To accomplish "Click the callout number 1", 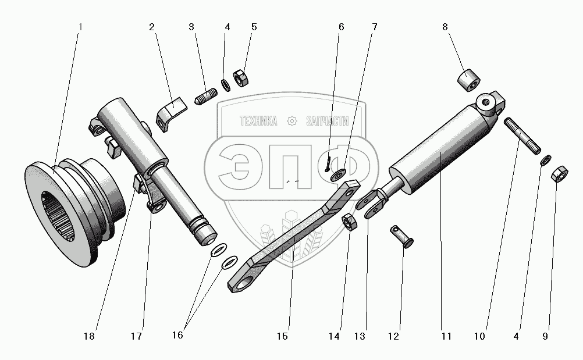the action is click(80, 27).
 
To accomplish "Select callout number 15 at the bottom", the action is click(283, 336).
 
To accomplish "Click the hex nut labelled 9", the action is click(558, 173).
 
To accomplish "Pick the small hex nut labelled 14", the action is click(350, 222).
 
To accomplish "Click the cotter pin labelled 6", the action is click(328, 161).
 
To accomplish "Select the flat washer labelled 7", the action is click(337, 174).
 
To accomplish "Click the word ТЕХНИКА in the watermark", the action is click(259, 121).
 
